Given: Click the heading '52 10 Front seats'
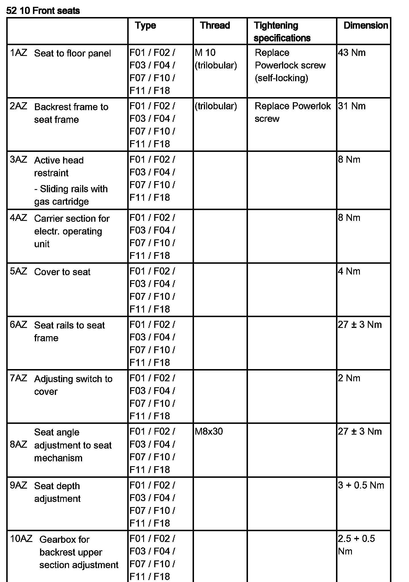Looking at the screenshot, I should click(x=43, y=11).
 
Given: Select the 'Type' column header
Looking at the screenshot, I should click(x=145, y=26).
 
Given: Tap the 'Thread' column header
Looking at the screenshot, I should click(x=215, y=26).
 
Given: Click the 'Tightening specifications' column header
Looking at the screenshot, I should click(x=282, y=32).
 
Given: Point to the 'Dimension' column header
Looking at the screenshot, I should click(x=366, y=26).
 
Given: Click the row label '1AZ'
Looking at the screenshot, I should click(x=18, y=53).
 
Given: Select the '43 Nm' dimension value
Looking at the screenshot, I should click(x=352, y=53).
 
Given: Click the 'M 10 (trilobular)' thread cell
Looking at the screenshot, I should click(x=216, y=59).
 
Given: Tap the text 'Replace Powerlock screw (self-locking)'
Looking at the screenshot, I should click(x=290, y=65).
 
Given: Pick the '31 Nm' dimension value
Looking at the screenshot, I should click(x=352, y=106).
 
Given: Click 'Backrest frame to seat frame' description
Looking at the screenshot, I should click(x=71, y=113).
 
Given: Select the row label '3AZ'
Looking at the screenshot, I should click(x=18, y=160).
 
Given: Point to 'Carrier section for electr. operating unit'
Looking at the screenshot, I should click(x=72, y=231).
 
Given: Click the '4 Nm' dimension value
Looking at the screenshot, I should click(x=349, y=271).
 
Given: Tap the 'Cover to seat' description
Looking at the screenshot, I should click(x=62, y=272).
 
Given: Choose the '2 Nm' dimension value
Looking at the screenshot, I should click(x=349, y=378).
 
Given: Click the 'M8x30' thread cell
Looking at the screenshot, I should click(x=209, y=432).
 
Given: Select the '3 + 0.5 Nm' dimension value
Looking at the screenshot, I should click(x=361, y=485).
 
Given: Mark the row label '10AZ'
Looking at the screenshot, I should click(x=21, y=539).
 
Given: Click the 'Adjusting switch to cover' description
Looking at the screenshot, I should click(x=73, y=385).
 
